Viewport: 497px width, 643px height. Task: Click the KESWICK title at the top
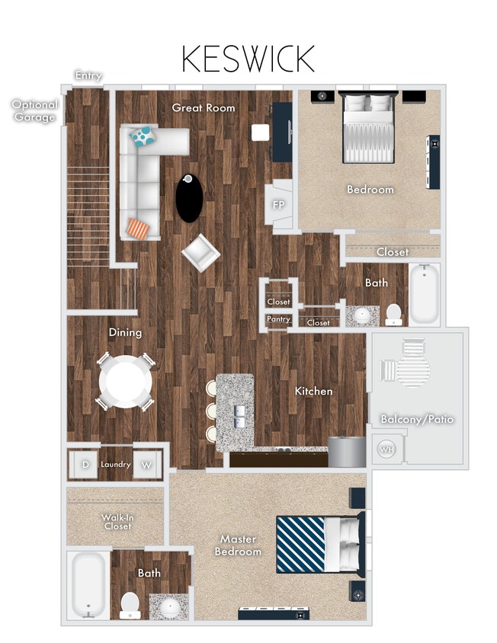pos(248,59)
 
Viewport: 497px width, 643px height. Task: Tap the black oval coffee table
pos(190,198)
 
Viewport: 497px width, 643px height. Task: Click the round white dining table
pos(126,382)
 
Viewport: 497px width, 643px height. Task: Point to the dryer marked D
pos(85,464)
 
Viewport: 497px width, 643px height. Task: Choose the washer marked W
pos(147,464)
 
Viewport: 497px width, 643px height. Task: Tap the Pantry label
pos(278,319)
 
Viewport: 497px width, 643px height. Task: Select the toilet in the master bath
pos(130,604)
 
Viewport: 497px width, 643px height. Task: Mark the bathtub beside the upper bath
pos(425,295)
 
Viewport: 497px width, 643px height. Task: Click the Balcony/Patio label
pos(417,419)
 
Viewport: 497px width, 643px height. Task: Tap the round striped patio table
pos(412,369)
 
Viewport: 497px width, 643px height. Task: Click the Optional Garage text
pos(34,111)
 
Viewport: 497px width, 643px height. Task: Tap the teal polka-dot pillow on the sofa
pos(142,137)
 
